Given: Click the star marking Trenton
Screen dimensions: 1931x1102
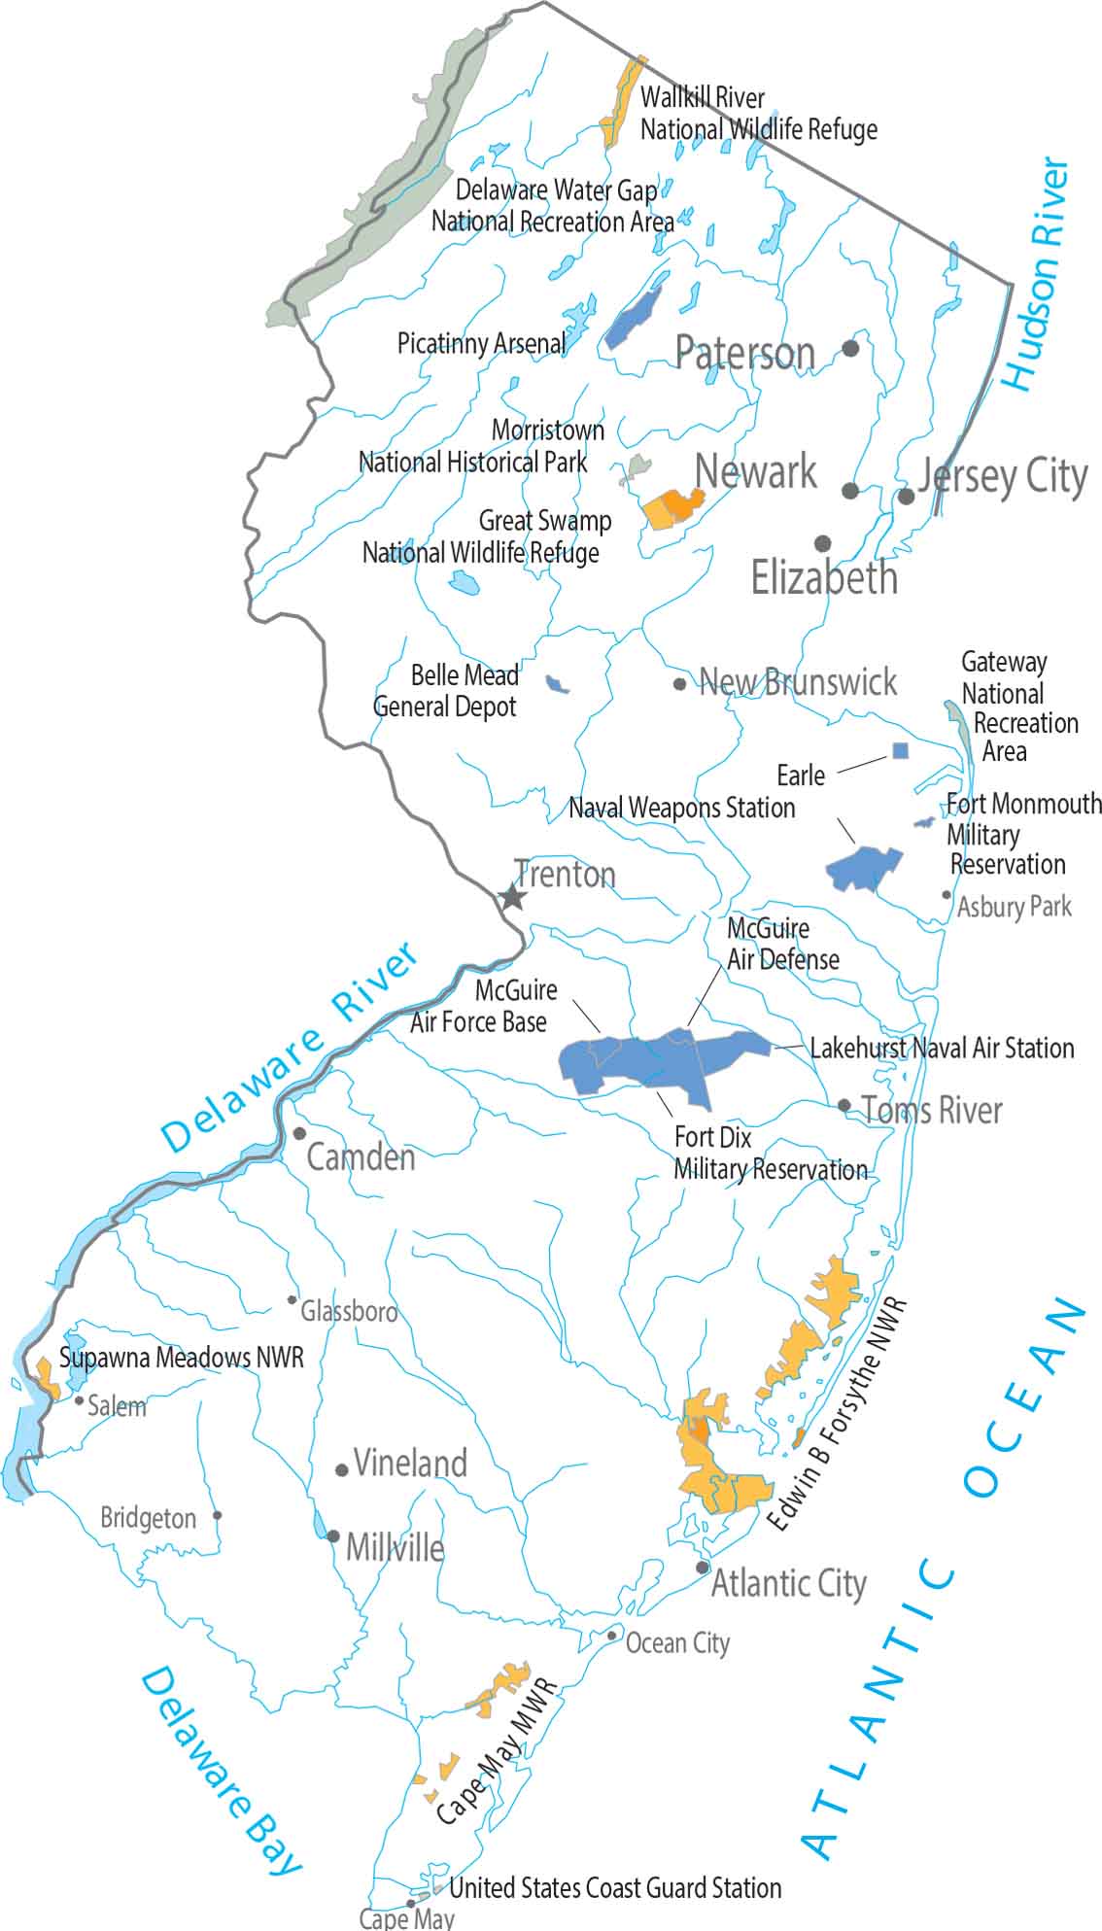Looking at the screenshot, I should click(x=512, y=897).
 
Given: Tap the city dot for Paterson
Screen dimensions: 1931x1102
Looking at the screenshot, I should click(x=850, y=348).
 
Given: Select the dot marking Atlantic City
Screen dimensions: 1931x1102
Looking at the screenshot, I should click(x=703, y=1568).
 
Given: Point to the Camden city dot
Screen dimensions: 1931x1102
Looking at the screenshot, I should click(x=299, y=1133).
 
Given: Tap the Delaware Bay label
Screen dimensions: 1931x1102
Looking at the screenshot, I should click(x=221, y=1772).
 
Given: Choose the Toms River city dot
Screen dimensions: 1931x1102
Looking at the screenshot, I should click(x=844, y=1105).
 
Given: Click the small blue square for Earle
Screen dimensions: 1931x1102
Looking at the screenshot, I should click(x=901, y=750).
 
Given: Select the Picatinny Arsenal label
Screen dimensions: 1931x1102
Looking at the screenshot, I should click(x=481, y=343).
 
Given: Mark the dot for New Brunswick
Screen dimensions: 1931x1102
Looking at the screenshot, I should click(x=679, y=684).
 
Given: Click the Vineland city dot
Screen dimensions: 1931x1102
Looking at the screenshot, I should click(x=342, y=1470).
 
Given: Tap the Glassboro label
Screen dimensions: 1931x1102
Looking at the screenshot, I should click(x=349, y=1312).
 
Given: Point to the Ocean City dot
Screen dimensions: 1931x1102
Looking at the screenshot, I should click(x=611, y=1636).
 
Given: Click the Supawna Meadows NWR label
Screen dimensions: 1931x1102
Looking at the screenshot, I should click(x=182, y=1358).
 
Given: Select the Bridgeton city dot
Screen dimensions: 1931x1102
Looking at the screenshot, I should click(x=218, y=1515).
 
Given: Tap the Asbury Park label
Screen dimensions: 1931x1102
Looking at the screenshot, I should click(x=1014, y=907).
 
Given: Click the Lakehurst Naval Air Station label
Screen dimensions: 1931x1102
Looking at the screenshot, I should click(x=942, y=1048).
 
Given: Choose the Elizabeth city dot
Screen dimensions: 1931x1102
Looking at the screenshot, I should click(x=823, y=542).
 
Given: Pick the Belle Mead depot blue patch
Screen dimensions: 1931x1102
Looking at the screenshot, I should click(x=557, y=684).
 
